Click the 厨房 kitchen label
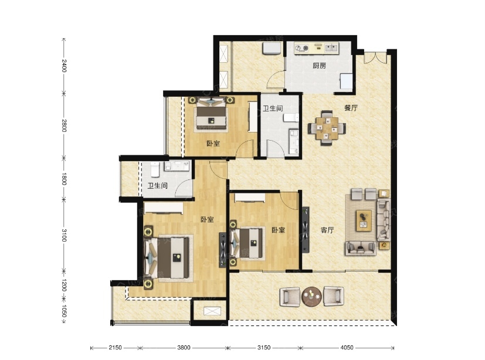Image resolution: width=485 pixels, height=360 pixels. coord(319,66)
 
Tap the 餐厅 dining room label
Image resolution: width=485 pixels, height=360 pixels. coord(351,108)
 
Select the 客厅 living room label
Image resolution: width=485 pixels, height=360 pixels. coord(327,230)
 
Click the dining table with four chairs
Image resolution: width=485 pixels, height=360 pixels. coord(327,128)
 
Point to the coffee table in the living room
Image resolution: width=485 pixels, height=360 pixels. coord(364,220)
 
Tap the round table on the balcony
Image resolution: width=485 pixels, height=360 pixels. coord(311,297)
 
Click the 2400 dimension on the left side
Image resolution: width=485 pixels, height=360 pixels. coord(64,66)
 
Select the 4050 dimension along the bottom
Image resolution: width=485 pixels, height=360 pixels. coord(347,348)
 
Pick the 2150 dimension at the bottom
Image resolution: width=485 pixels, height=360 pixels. coord(115,348)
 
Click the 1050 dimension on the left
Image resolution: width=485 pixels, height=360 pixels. coord(64,311)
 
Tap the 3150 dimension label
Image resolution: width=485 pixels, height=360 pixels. coord(264,348)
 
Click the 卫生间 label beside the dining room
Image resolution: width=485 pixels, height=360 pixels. coord(273,108)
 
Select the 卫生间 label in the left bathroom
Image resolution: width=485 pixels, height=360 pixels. coord(157,185)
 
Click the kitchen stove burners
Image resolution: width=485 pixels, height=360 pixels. coord(302,48)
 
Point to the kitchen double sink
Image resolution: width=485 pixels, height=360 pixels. coord(330,47)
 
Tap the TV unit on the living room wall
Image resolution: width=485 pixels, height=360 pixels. coord(306,229)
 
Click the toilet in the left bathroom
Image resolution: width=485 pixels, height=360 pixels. coord(155,169)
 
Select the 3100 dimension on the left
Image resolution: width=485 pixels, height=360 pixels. coord(64,235)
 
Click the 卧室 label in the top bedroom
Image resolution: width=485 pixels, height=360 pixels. coord(213,144)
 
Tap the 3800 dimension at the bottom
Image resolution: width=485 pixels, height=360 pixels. coord(184,348)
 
